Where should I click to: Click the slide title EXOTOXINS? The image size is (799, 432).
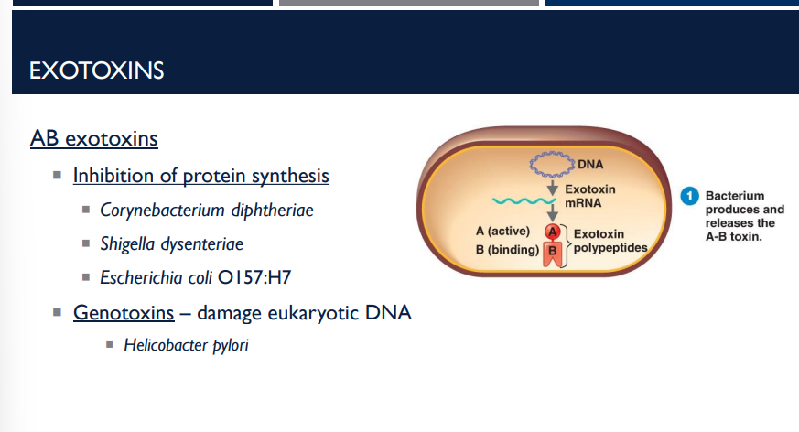[97, 70]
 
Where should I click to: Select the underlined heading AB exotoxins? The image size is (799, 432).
[94, 139]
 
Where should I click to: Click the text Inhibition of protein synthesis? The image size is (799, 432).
[201, 175]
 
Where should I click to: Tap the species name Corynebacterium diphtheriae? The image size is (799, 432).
[207, 211]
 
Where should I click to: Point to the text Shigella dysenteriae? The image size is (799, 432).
[172, 244]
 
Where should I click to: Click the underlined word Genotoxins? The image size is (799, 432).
[124, 313]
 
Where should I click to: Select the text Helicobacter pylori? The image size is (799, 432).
[187, 345]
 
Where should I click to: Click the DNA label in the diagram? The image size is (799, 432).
[590, 166]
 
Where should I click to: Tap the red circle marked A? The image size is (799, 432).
[552, 232]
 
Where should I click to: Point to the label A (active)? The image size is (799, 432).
[503, 231]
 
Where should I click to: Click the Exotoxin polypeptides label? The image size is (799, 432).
[610, 242]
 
